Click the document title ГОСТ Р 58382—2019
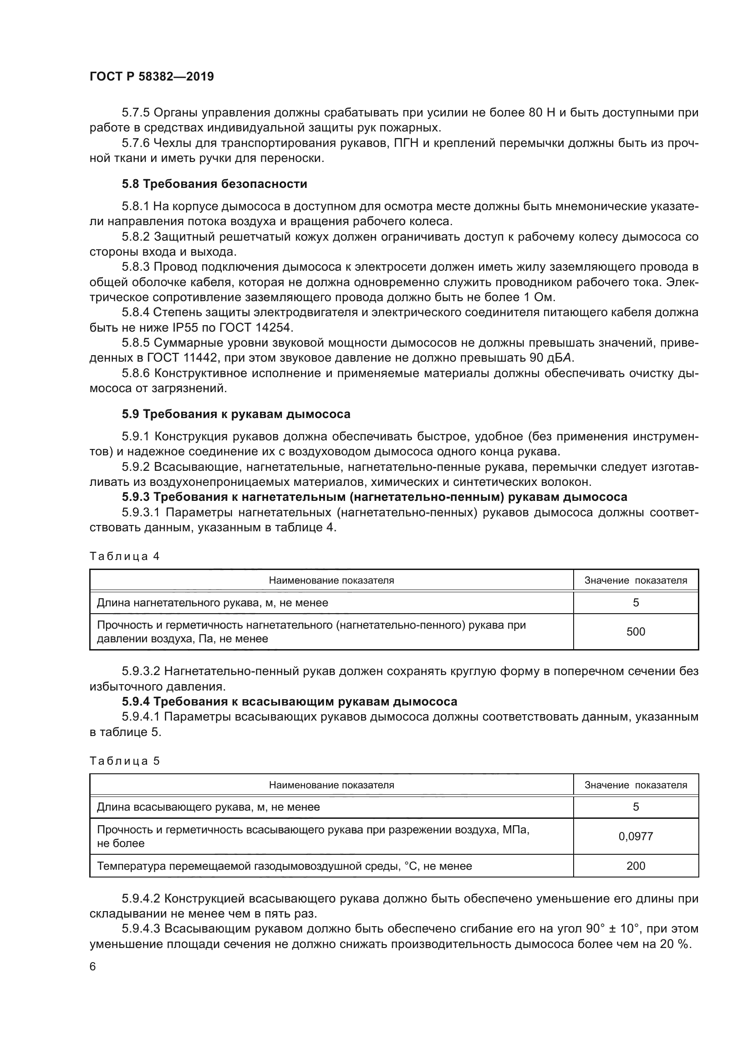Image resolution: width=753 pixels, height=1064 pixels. pos(152,76)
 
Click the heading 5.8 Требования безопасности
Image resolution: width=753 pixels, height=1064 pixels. pos(214,184)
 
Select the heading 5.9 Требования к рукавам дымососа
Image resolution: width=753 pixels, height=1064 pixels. pos(236,414)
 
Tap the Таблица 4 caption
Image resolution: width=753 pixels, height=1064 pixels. pos(124,556)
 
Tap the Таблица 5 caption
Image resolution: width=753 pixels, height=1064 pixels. pos(124,761)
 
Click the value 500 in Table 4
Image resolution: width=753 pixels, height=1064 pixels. pos(635,632)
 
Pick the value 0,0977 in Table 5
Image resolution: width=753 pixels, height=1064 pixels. pos(635,837)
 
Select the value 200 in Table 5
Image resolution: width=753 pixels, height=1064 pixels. pos(635,866)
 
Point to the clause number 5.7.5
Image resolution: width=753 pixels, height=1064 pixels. pos(135,113)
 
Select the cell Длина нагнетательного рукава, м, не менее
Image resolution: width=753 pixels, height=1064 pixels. pos(212,603)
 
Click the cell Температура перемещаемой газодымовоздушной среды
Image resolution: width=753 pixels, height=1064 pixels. pos(284,866)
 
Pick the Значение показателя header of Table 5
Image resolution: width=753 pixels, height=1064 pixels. pos(635,785)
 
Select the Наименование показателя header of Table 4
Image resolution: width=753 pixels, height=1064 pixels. pos(331,580)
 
